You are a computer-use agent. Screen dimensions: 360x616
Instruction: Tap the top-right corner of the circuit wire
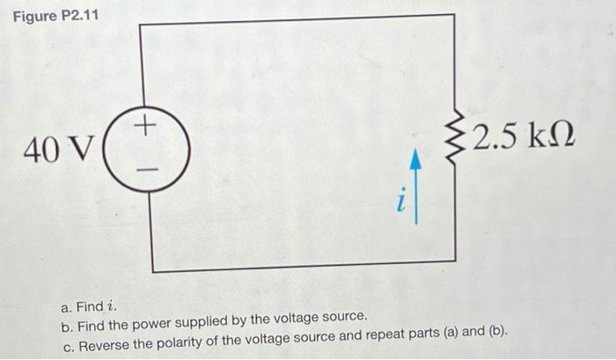[454, 16]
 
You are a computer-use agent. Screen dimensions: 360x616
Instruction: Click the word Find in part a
[91, 307]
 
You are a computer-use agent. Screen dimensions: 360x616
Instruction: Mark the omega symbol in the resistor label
[561, 138]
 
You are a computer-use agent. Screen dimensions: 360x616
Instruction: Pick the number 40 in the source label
[40, 151]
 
